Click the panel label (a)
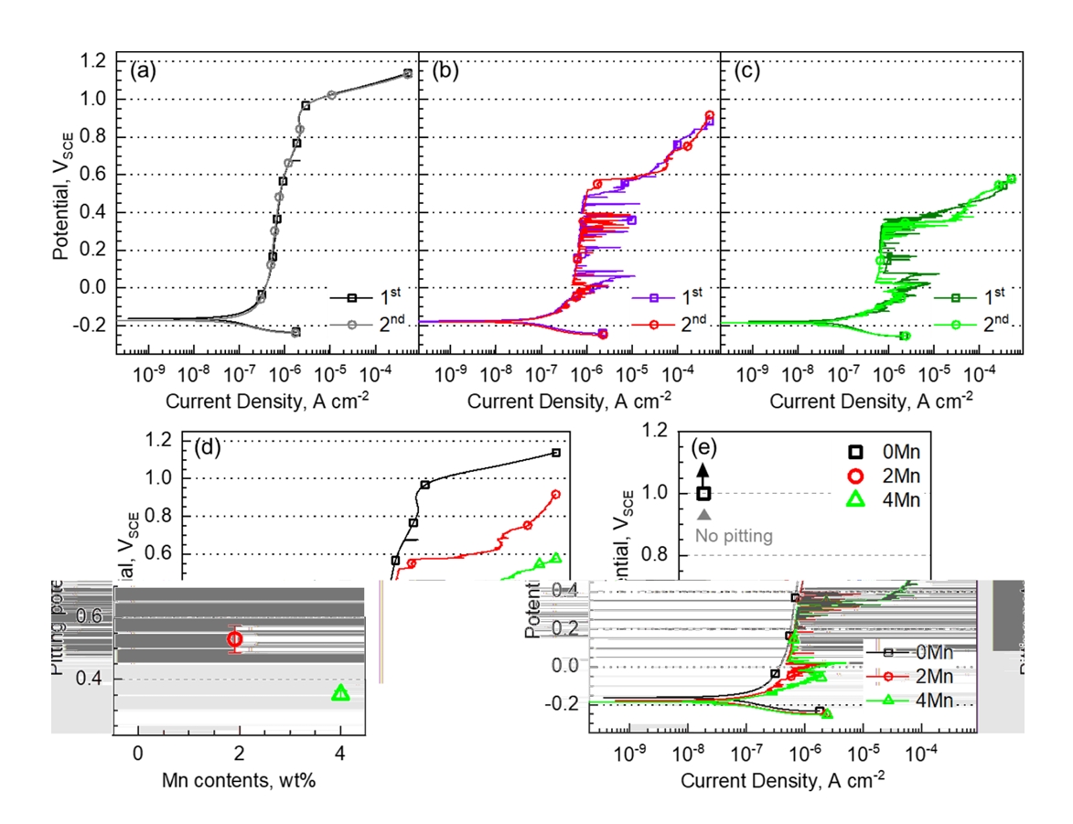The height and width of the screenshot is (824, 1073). pyautogui.click(x=143, y=70)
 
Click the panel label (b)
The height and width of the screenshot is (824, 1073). pyautogui.click(x=445, y=70)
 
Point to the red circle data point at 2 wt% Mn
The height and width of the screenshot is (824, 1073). pyautogui.click(x=235, y=639)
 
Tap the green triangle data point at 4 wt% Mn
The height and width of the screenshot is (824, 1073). pyautogui.click(x=340, y=693)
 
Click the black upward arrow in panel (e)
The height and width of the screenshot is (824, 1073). pyautogui.click(x=703, y=470)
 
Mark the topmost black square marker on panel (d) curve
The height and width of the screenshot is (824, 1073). pyautogui.click(x=555, y=453)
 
